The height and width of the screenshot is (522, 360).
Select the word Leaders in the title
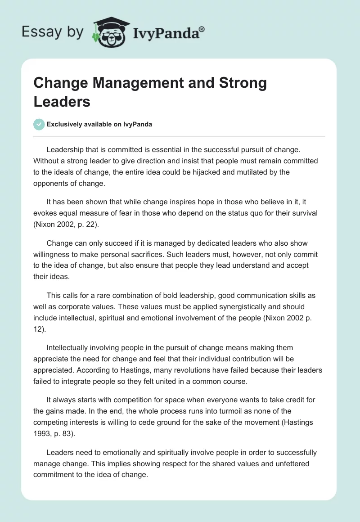(62, 101)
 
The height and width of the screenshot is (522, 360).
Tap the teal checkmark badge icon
(39, 124)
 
